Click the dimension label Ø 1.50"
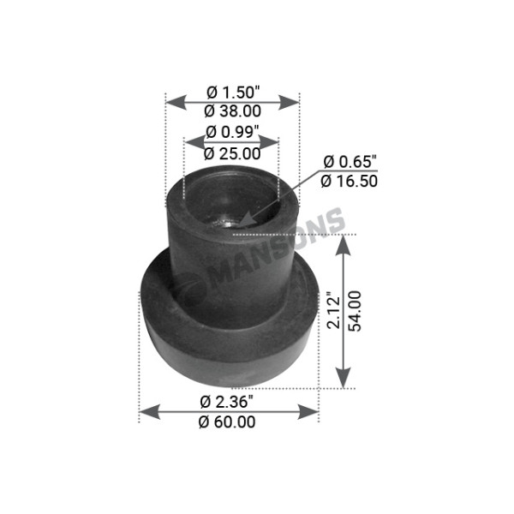[233, 92]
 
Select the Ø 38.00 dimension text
[233, 111]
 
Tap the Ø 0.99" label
[231, 134]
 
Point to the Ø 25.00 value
[231, 153]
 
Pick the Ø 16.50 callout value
[350, 180]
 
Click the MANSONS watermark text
[274, 257]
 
